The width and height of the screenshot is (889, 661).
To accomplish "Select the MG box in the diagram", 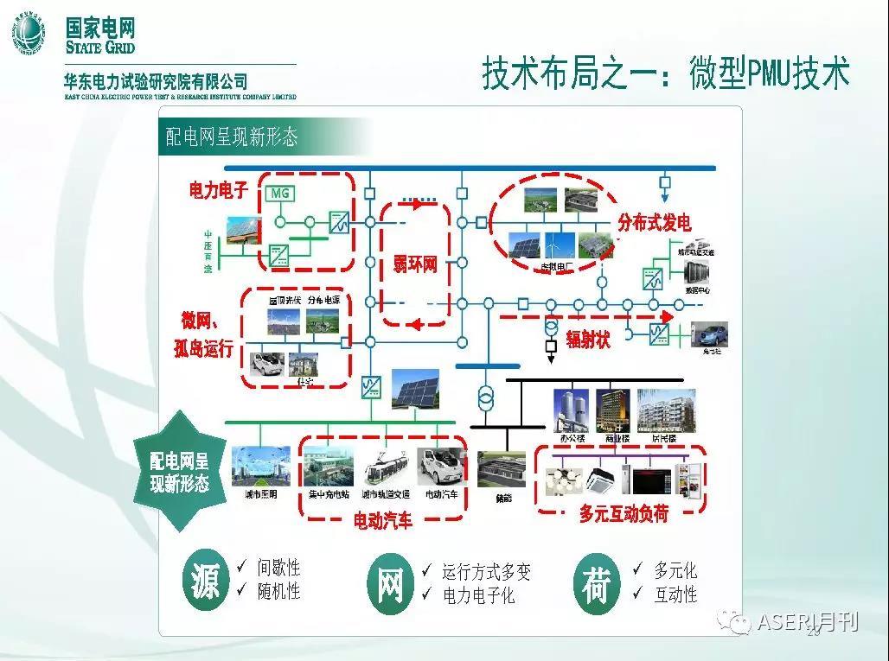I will point(280,194).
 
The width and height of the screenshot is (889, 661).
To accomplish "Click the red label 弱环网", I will point(415,264).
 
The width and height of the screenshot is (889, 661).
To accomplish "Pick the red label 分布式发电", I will point(654,222).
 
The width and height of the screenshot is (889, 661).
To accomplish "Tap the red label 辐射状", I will point(588,340).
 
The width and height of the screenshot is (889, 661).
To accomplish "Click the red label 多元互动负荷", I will point(624,514).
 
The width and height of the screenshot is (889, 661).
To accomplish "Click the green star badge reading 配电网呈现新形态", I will point(180,472).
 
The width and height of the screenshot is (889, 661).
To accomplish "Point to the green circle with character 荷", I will point(596,584).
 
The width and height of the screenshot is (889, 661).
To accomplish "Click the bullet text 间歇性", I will point(278,568).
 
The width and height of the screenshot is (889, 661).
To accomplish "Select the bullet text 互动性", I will point(675,594).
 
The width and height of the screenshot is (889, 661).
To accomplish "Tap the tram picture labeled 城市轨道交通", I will point(386,467).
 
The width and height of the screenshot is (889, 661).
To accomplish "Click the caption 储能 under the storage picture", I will point(501,499).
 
